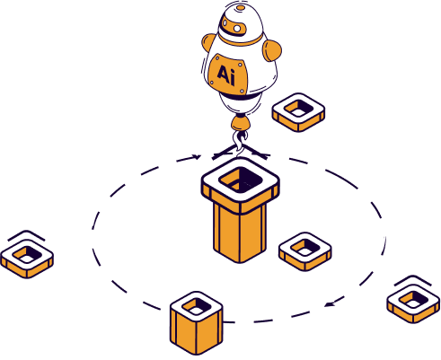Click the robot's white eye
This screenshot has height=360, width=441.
[237, 29]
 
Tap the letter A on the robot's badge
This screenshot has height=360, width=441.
[224, 73]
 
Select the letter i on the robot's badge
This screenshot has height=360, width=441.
[233, 76]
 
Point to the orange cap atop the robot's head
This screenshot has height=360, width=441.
[240, 7]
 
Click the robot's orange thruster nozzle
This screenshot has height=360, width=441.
[240, 123]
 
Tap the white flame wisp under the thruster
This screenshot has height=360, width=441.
[240, 140]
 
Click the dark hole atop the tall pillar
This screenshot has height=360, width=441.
[241, 180]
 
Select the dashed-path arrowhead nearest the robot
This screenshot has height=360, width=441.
[197, 156]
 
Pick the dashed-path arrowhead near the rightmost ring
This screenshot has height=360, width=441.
[330, 304]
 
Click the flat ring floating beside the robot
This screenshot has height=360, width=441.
[298, 112]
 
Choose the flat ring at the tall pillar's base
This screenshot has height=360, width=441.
[305, 251]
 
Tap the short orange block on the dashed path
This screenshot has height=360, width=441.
[197, 322]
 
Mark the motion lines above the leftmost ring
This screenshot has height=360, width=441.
[26, 235]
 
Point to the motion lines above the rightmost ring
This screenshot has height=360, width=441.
[413, 281]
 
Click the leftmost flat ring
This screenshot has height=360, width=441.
[27, 259]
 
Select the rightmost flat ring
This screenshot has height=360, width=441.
[413, 303]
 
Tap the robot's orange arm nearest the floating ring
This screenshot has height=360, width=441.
[272, 50]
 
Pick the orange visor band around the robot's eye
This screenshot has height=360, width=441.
[234, 26]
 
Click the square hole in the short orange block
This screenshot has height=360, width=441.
[197, 307]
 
